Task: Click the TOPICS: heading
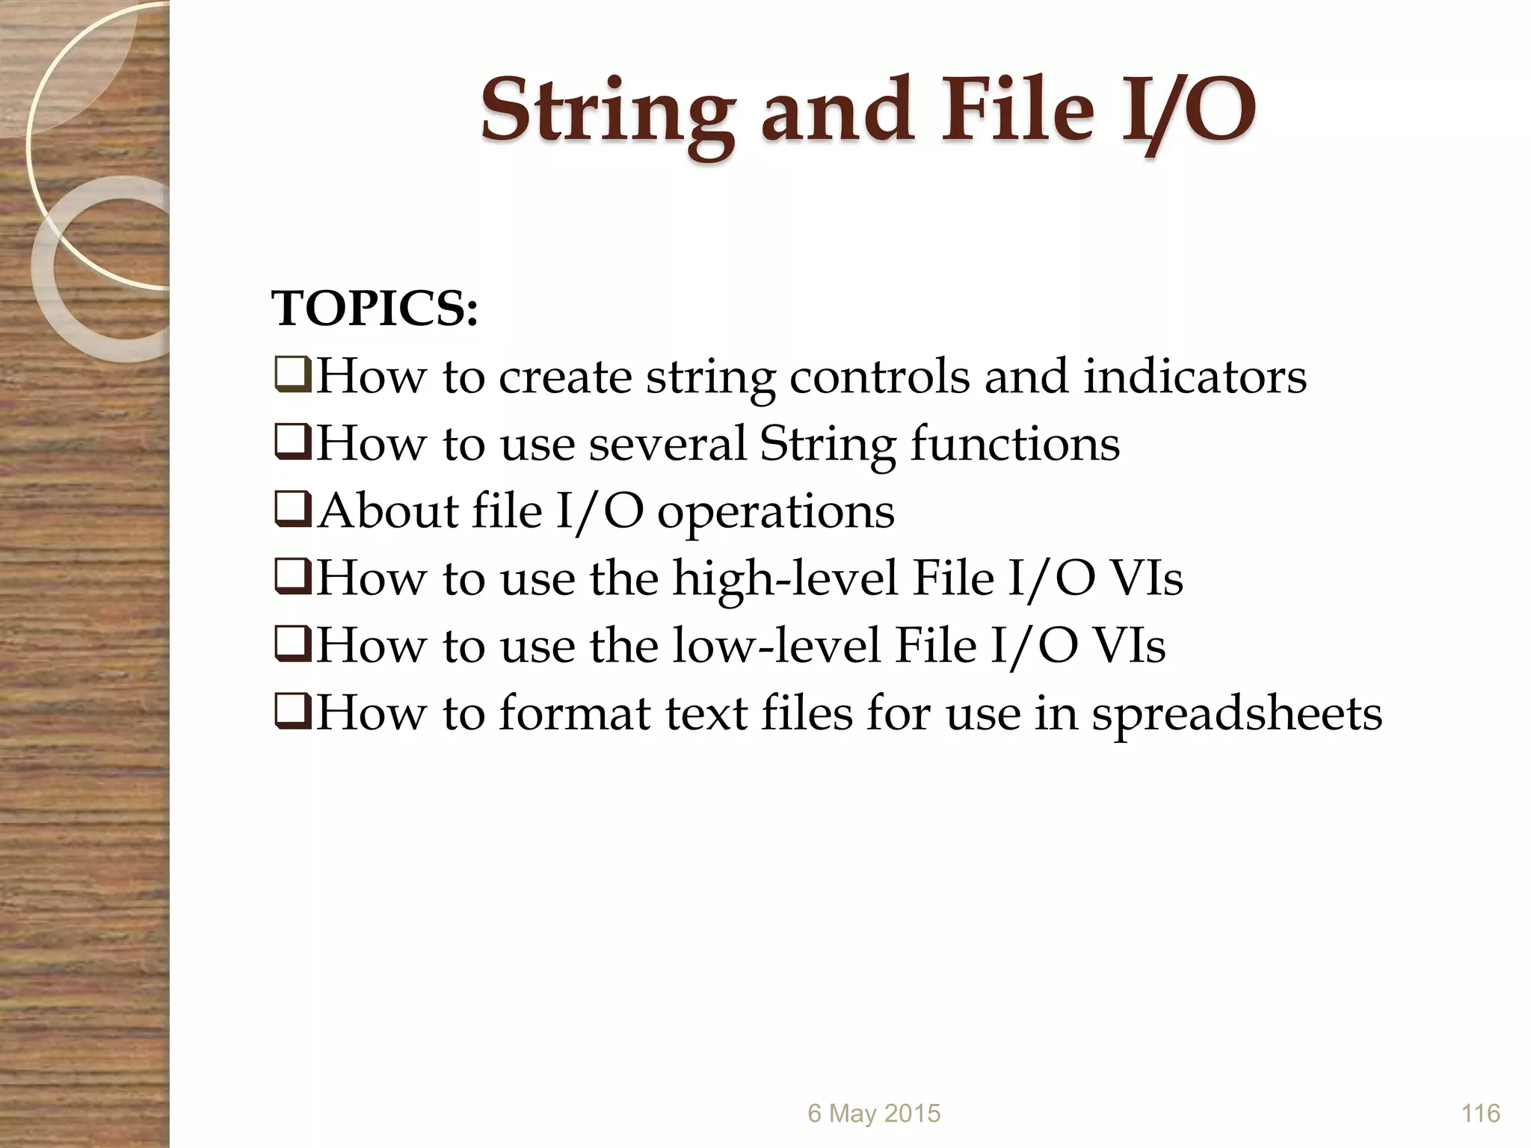[375, 309]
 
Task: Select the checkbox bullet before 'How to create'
[292, 377]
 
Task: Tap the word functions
[1014, 443]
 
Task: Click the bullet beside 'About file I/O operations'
[292, 511]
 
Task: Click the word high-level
[784, 578]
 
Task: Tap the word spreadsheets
[1236, 714]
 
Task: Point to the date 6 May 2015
[873, 1114]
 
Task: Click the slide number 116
[1480, 1114]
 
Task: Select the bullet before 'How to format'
[292, 713]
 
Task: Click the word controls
[879, 376]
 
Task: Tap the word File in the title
[1018, 112]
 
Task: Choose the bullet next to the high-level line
[292, 578]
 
